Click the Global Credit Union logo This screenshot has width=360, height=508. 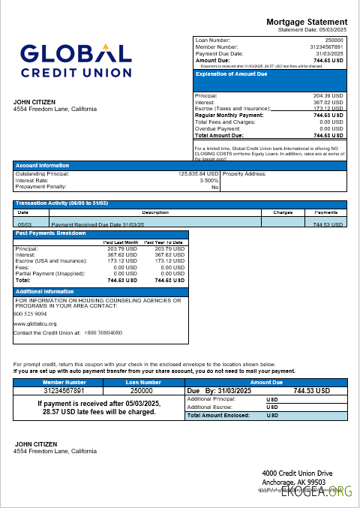coord(76,60)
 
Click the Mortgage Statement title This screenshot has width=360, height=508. coord(307,22)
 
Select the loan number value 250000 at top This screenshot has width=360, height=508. coord(334,39)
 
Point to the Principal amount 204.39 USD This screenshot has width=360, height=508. coord(328,96)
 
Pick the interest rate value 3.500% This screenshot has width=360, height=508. coord(209,181)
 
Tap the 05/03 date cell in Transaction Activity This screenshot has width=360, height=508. coord(24,224)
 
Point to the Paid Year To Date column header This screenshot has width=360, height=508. coord(164,242)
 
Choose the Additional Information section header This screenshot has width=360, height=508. coord(44,291)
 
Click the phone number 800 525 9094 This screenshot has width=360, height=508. coord(31,314)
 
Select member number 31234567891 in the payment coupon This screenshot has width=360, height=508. coord(63,390)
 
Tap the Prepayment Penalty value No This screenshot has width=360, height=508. coord(214,188)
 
